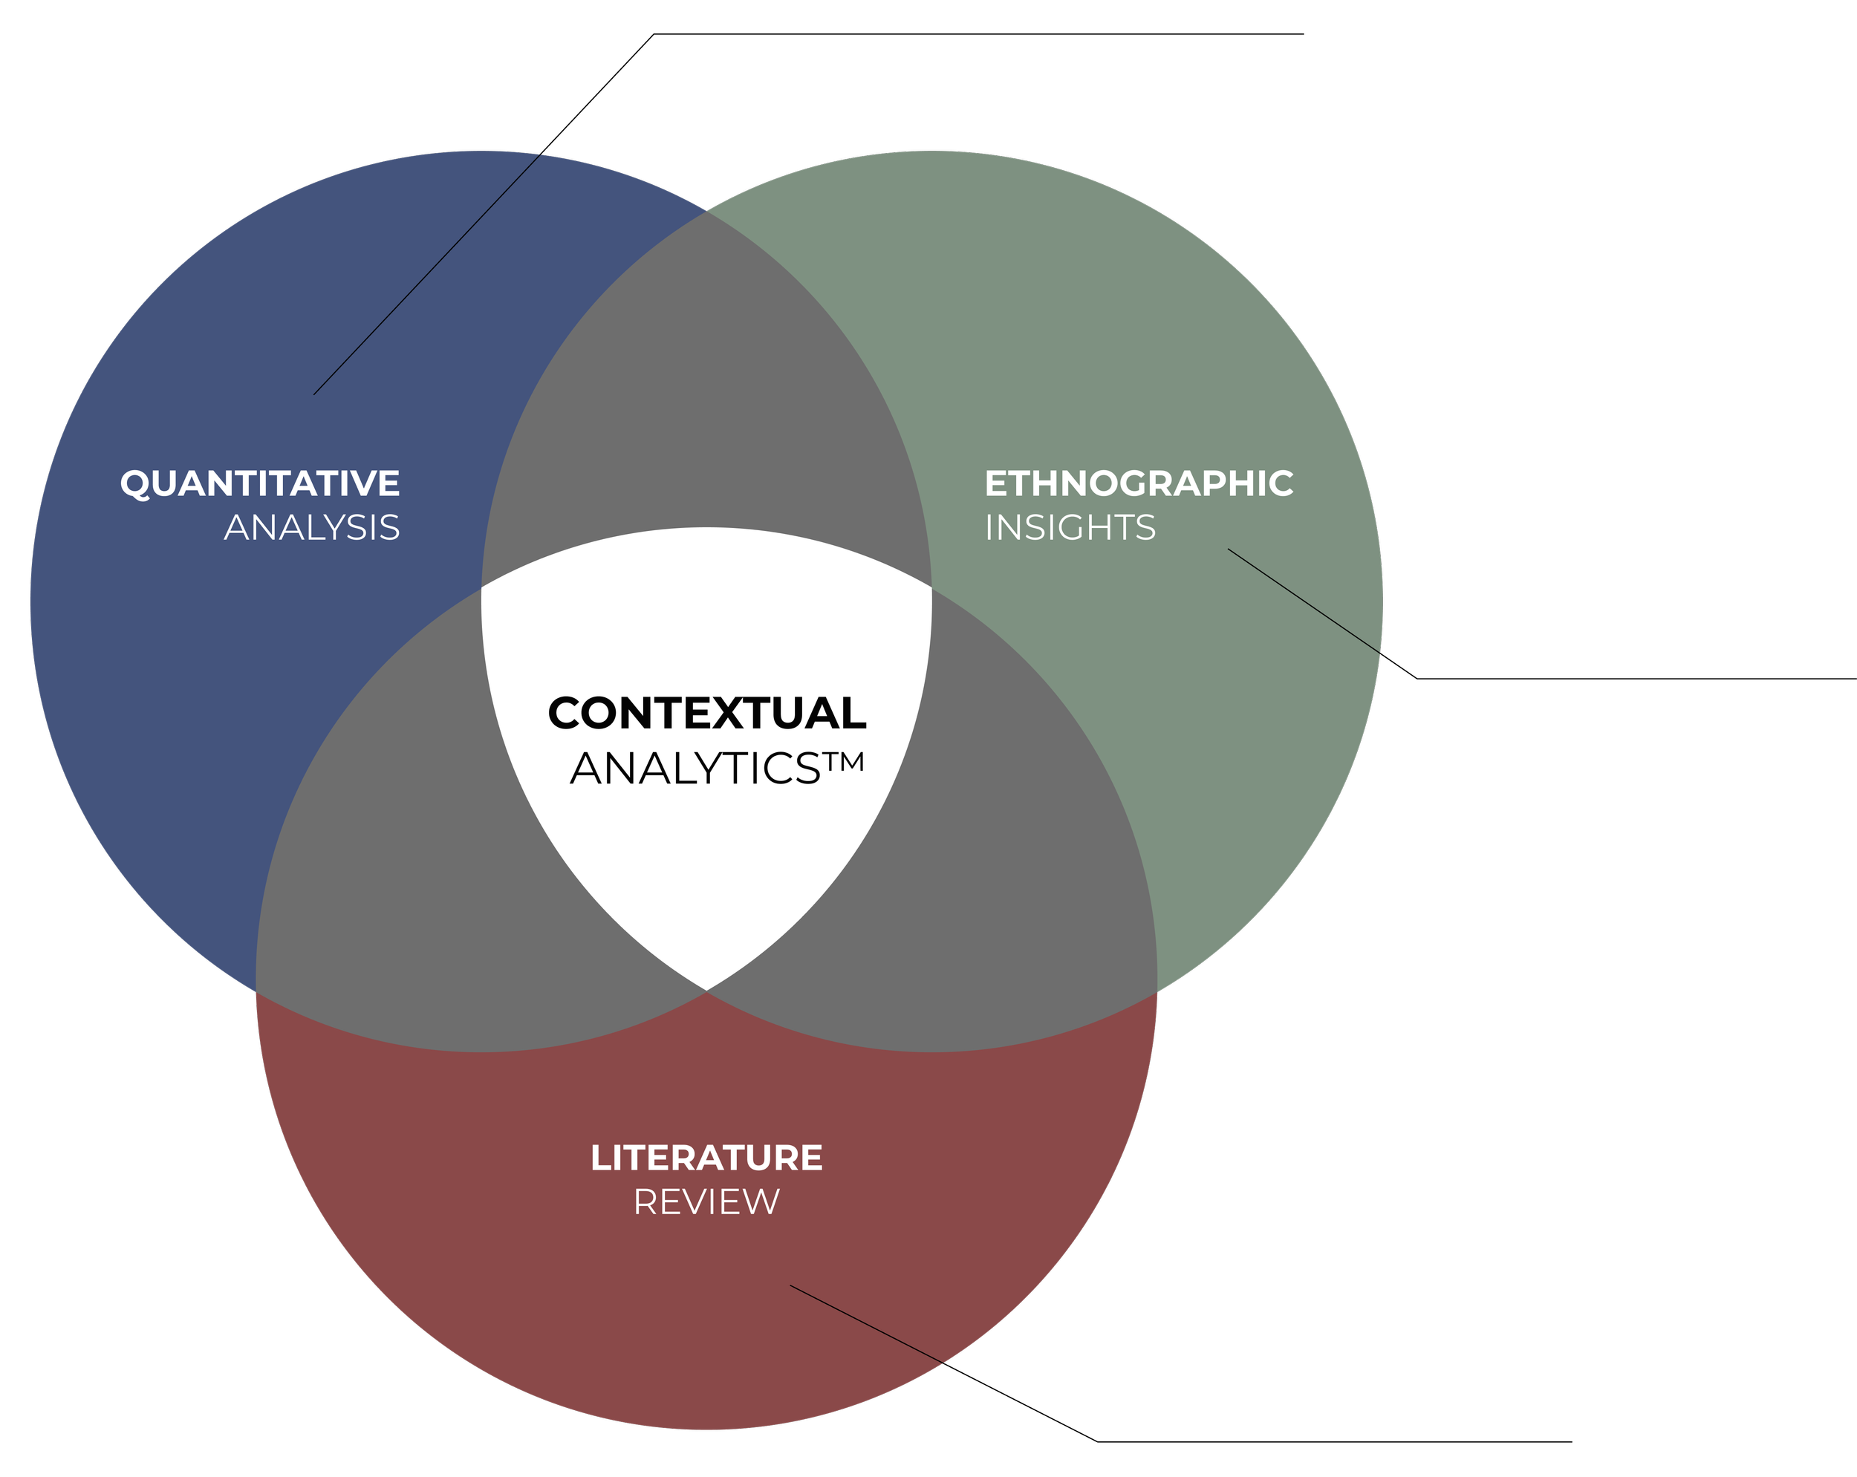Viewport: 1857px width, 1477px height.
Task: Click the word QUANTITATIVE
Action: tap(260, 484)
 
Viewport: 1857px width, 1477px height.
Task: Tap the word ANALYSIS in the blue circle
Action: tap(312, 528)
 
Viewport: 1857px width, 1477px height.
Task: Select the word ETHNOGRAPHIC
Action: tap(1139, 484)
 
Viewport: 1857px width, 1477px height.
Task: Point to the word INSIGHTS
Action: tap(1070, 528)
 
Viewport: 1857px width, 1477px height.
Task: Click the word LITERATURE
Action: tap(706, 1158)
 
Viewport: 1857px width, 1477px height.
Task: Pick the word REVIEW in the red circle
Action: tap(706, 1202)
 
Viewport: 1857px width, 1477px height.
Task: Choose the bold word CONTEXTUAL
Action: tap(706, 713)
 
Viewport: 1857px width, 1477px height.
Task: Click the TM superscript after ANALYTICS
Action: tap(842, 762)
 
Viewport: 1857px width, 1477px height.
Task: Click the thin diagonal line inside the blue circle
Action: tap(426, 275)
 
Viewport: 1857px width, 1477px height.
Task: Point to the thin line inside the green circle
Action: tap(1304, 600)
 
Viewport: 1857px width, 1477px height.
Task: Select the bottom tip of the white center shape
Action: tap(706, 986)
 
